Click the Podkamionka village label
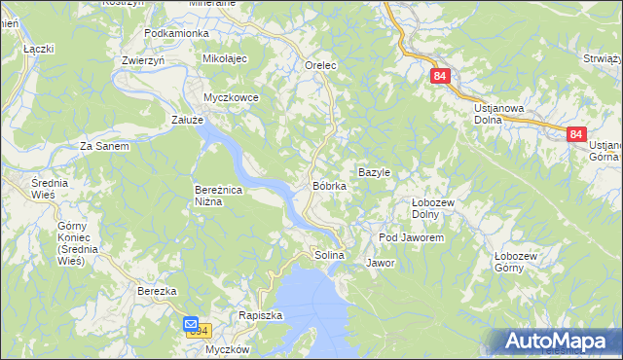(x=176, y=33)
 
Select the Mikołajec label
(x=226, y=58)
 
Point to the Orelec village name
(x=320, y=65)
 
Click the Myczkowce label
(x=230, y=97)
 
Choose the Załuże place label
(x=187, y=119)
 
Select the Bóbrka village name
(x=329, y=185)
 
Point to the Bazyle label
(x=375, y=172)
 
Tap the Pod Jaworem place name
(x=412, y=237)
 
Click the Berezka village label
(x=156, y=291)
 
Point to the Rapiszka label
(x=260, y=315)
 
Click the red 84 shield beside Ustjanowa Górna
(x=576, y=134)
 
